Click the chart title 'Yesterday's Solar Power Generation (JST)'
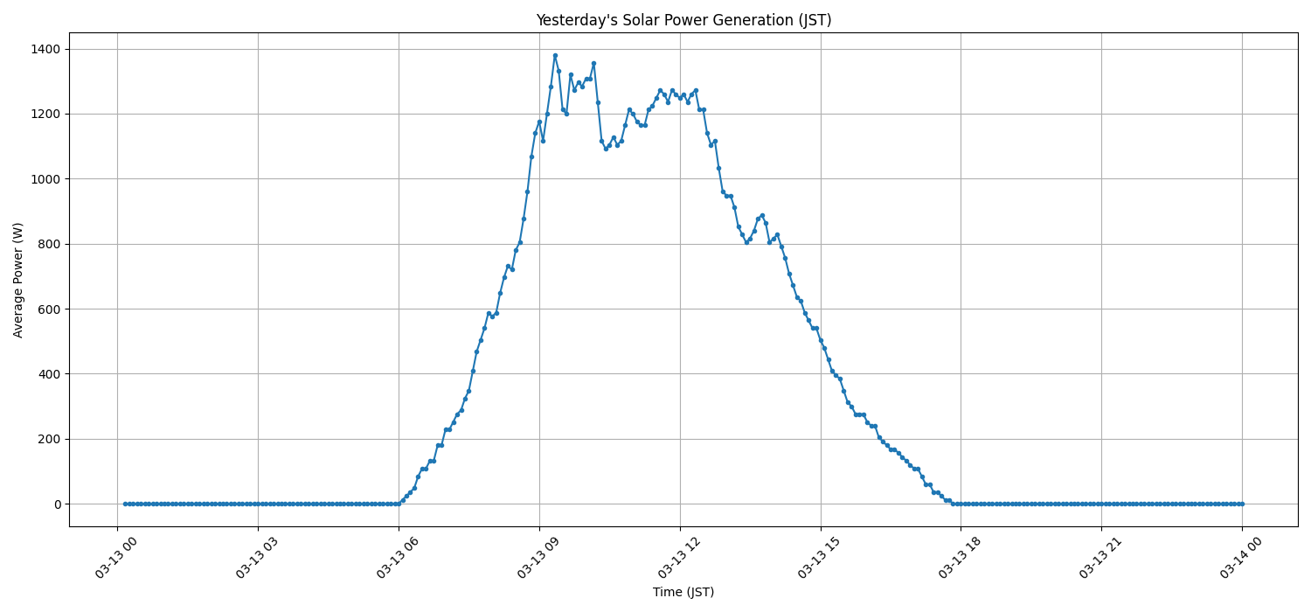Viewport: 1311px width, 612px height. point(683,20)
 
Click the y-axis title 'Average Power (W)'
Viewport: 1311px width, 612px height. point(18,280)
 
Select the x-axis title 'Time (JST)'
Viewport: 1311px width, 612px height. point(683,592)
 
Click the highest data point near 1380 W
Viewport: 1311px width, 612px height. point(555,55)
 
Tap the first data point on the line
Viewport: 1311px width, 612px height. point(125,504)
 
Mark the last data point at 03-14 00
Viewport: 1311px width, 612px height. point(1242,504)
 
